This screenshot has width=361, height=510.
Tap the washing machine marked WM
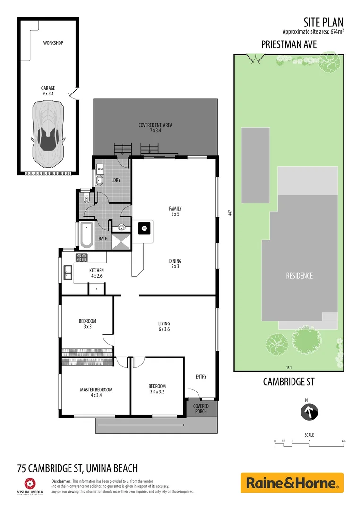(x=100, y=169)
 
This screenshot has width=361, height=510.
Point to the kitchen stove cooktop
(x=82, y=257)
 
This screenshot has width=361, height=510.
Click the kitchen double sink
(x=68, y=272)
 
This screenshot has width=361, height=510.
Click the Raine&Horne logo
(x=292, y=483)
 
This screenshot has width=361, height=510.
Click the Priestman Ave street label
(x=289, y=45)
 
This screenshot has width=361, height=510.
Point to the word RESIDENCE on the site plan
(x=299, y=276)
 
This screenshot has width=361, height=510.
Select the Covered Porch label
(x=201, y=408)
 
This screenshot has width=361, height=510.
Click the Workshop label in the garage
(x=53, y=43)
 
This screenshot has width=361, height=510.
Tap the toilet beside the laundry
(x=85, y=199)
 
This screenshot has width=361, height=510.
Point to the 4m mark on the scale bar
(x=344, y=441)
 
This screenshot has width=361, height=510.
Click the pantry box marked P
(x=96, y=289)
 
